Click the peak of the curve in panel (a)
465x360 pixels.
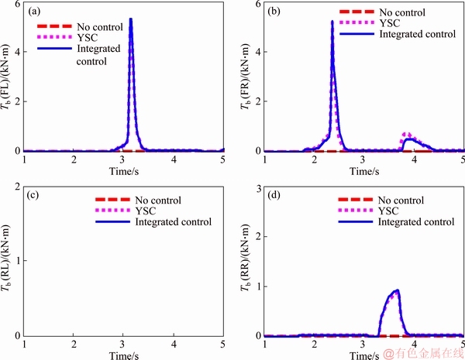pyautogui.click(x=131, y=19)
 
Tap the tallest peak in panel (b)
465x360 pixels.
pyautogui.click(x=332, y=22)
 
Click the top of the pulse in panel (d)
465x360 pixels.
pyautogui.click(x=398, y=291)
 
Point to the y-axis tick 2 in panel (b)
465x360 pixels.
pyautogui.click(x=259, y=101)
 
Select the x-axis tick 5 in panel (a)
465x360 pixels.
pyautogui.click(x=223, y=159)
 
